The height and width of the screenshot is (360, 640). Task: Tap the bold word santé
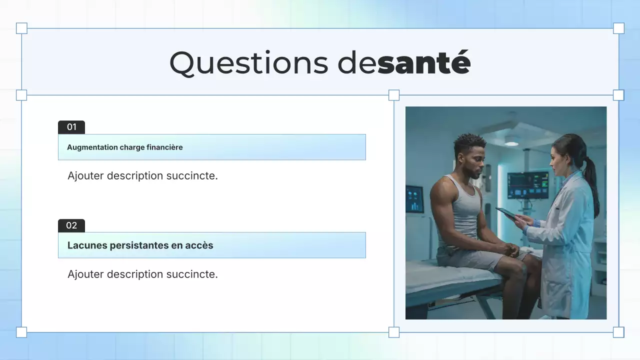click(424, 63)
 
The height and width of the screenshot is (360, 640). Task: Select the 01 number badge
click(71, 127)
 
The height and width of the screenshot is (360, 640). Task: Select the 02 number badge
click(71, 225)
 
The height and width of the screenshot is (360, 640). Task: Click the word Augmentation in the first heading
click(92, 147)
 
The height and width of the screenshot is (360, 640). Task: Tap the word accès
click(199, 245)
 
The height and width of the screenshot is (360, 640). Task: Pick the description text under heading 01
click(142, 176)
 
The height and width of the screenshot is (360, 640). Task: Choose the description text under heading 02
click(142, 274)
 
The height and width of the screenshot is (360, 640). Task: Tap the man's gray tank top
click(465, 210)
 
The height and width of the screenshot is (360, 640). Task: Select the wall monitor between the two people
click(527, 185)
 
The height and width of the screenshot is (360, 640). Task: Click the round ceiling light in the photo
click(511, 143)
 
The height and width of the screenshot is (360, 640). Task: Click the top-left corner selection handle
click(21, 28)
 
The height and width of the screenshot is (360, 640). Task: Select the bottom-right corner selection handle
click(618, 332)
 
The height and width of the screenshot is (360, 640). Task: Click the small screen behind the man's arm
click(414, 199)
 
